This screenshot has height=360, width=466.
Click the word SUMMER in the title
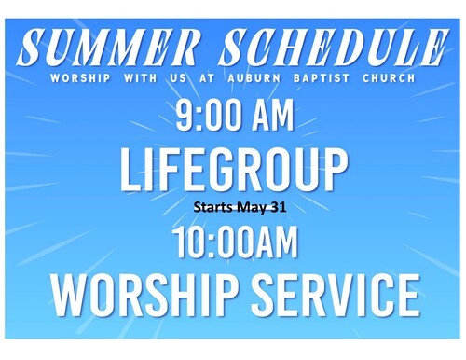(x=106, y=47)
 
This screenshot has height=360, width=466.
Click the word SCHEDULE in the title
(x=334, y=47)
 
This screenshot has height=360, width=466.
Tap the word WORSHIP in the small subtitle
(x=80, y=77)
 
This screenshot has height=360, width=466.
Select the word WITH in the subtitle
(x=141, y=77)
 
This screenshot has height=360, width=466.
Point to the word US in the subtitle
(x=178, y=77)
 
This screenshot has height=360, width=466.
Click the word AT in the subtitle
(x=207, y=77)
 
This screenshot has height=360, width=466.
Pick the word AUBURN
(x=254, y=77)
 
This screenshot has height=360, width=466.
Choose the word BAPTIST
(x=322, y=77)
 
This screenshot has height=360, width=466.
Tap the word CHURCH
(x=389, y=77)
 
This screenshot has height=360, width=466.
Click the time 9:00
(x=209, y=115)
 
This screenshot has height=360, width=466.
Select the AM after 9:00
(x=273, y=115)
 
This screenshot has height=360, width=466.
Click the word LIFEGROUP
(x=234, y=170)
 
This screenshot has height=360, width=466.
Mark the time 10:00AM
(x=235, y=242)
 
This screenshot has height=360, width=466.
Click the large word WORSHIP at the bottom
(x=145, y=295)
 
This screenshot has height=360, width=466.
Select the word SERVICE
(x=336, y=295)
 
